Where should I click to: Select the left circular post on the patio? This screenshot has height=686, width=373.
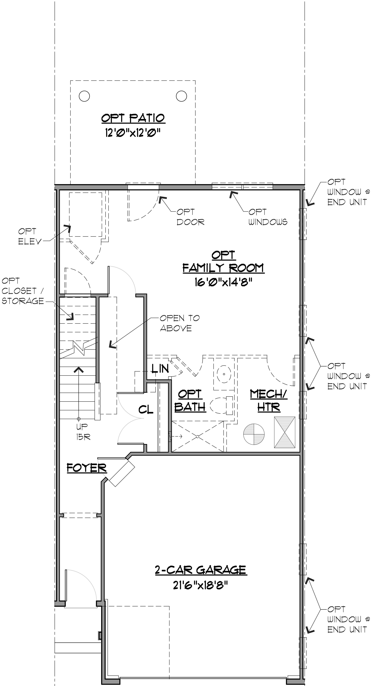(x=84, y=96)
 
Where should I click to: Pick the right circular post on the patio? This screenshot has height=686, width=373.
(x=181, y=96)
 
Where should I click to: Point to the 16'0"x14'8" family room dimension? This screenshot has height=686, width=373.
(x=223, y=282)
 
